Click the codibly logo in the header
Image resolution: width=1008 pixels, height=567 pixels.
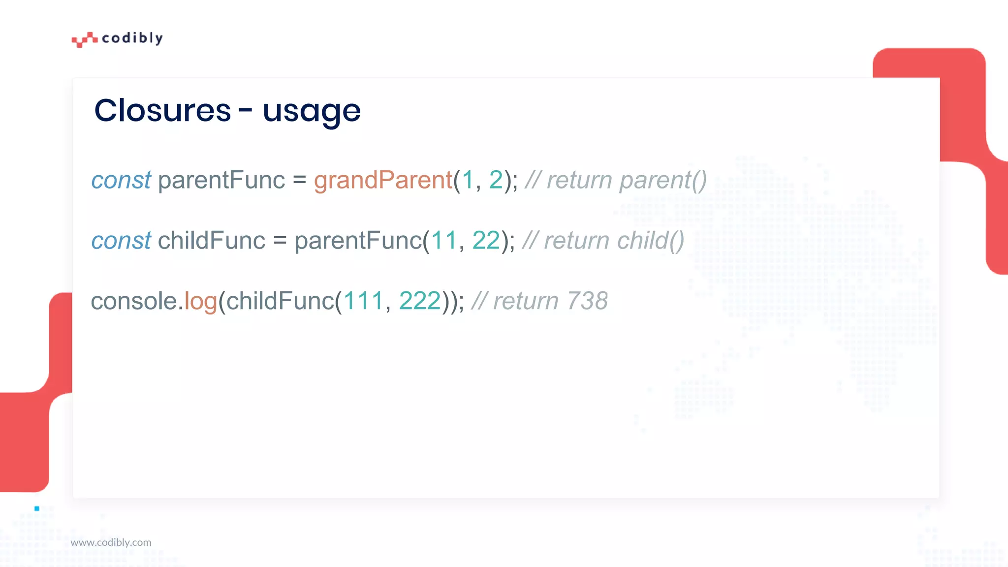tap(117, 38)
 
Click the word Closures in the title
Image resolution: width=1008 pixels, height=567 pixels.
tap(162, 110)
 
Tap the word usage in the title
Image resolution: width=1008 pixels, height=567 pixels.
tap(312, 111)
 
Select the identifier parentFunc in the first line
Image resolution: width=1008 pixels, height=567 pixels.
tap(221, 180)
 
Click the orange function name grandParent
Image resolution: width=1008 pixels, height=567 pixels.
tap(383, 180)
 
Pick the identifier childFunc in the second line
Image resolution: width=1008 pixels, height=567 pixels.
tap(212, 241)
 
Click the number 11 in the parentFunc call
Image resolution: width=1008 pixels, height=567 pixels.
tap(444, 241)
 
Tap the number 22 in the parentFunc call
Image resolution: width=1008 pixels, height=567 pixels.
tap(486, 241)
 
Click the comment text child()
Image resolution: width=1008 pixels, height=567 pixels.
tap(650, 241)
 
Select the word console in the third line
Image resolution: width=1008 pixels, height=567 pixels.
tap(134, 301)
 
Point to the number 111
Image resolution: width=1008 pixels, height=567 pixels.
tap(363, 301)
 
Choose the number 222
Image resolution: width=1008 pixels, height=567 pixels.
tap(420, 301)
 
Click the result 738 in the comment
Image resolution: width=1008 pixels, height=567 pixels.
tap(587, 301)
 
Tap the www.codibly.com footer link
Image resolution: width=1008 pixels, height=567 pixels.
tap(111, 542)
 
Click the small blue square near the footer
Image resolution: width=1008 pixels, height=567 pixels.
tap(37, 508)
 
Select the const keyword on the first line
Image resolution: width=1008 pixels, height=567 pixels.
tap(121, 180)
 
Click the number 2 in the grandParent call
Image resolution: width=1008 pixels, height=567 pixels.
tap(496, 180)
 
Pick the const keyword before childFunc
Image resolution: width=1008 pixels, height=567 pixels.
tap(121, 241)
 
